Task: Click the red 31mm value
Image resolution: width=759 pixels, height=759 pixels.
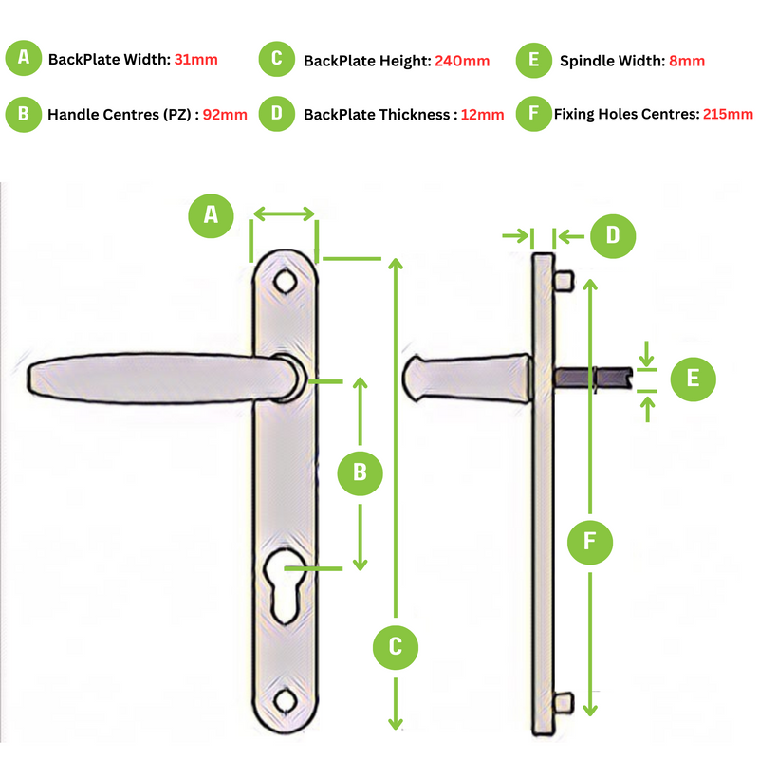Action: tap(196, 60)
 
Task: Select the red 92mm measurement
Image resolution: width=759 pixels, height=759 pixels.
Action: tap(225, 115)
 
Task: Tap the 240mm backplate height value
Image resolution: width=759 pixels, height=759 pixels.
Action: tap(462, 61)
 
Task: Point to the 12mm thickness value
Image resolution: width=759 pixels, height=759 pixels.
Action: tap(482, 115)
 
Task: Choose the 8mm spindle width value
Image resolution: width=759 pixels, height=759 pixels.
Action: tap(687, 61)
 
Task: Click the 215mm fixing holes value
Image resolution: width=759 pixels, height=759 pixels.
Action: tap(728, 114)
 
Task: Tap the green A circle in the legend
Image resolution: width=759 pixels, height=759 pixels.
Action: tap(23, 58)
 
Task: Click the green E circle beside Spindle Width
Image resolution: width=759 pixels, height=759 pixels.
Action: tap(534, 61)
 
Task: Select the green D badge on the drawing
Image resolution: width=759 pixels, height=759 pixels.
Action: tap(613, 236)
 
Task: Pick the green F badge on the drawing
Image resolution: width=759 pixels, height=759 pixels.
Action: tap(590, 542)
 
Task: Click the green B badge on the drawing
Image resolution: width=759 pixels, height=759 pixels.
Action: tap(361, 472)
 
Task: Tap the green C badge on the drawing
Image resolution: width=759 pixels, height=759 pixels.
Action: tap(396, 647)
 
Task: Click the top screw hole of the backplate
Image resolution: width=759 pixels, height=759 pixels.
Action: tap(286, 282)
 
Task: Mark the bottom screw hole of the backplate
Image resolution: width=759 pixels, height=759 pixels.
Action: tap(286, 700)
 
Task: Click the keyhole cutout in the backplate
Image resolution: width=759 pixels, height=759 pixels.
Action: tap(286, 585)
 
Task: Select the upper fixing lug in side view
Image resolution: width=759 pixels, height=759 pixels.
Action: tap(563, 281)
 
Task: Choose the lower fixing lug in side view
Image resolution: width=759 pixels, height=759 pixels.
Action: tap(563, 702)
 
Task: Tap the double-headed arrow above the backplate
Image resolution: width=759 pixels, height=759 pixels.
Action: tap(284, 213)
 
